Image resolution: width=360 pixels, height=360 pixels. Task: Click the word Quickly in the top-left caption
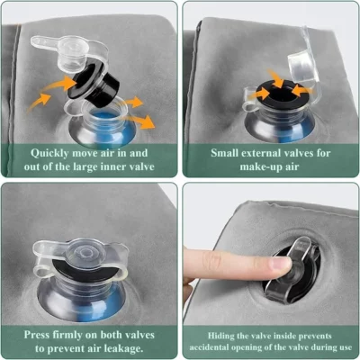tap(47, 152)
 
